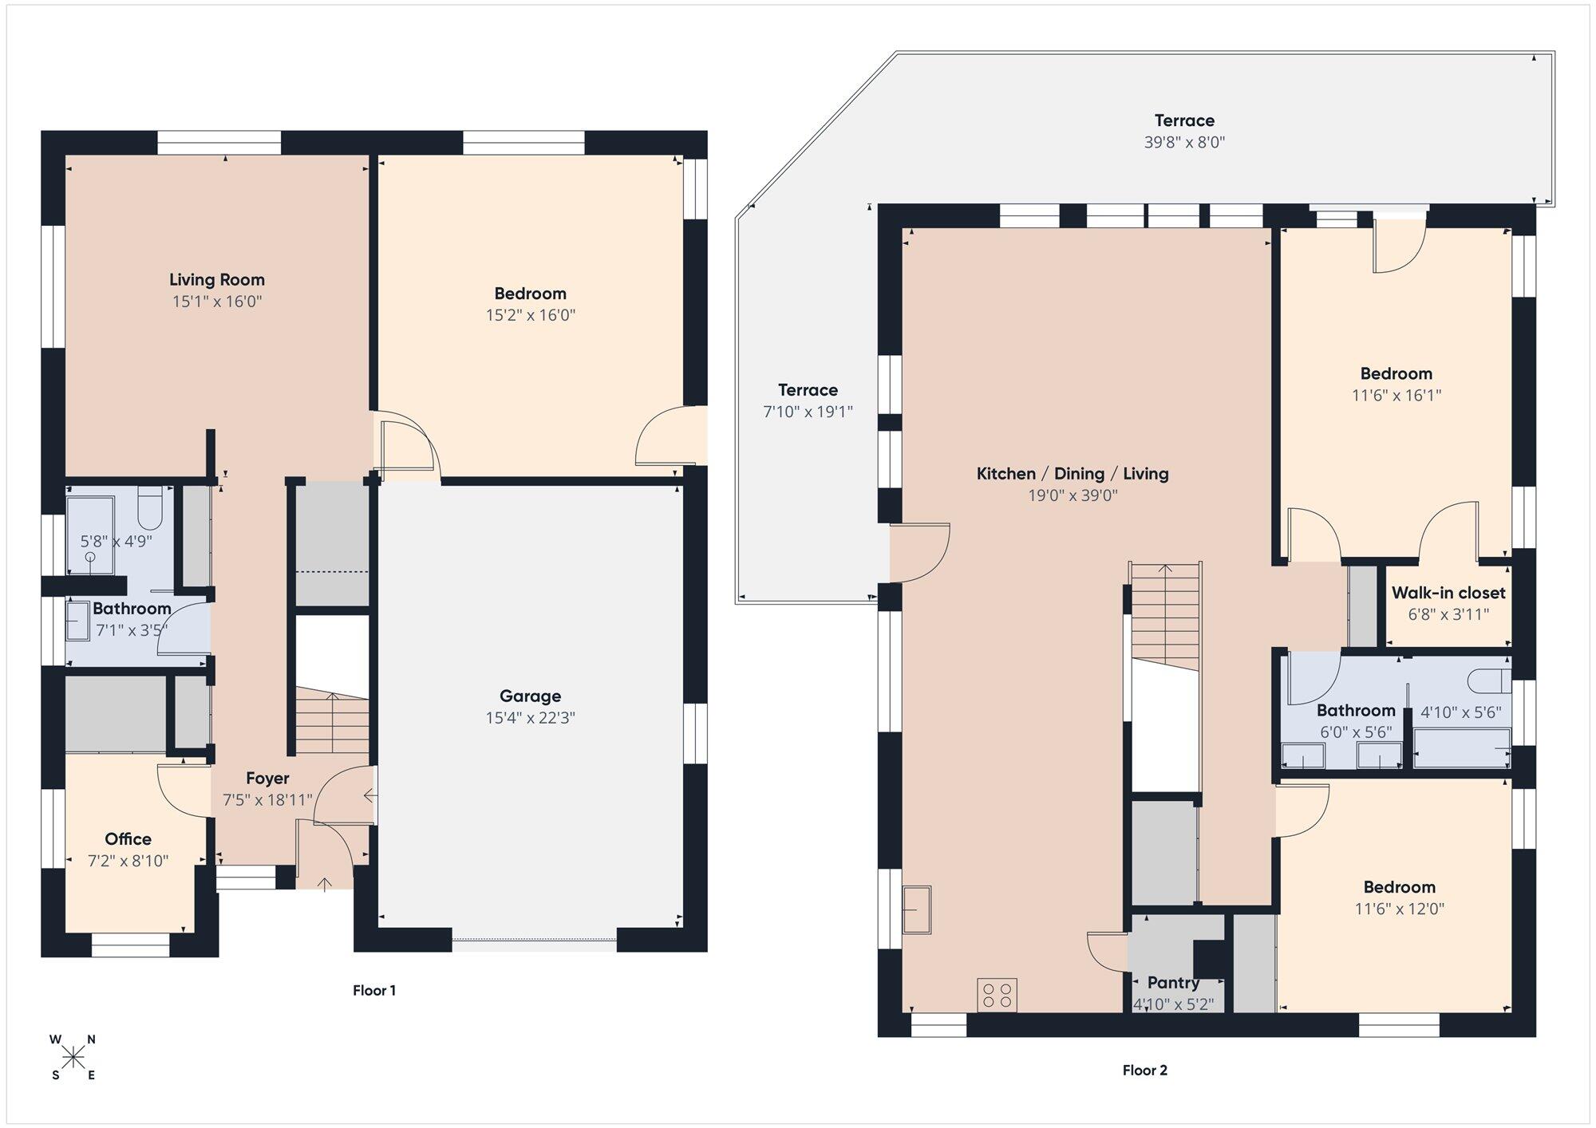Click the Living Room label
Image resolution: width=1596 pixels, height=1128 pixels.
coord(216,279)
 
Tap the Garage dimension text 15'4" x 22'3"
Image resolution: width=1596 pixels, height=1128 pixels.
coord(530,718)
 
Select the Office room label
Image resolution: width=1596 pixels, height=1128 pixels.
coord(128,838)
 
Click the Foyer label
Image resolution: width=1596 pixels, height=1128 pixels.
coord(267,778)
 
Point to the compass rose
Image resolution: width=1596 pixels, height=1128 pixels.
coord(73,1058)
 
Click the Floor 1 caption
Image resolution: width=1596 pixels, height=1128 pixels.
coord(374,990)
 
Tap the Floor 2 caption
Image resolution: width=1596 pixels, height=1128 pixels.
coord(1144,1070)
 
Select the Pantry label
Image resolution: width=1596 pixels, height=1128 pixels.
coord(1173,982)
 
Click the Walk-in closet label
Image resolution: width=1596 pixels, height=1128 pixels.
coord(1448,593)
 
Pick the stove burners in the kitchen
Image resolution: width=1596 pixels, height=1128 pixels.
coord(997,994)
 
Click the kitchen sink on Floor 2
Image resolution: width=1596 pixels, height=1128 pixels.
coord(917,909)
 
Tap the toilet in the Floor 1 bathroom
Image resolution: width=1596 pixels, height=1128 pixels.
coord(150,508)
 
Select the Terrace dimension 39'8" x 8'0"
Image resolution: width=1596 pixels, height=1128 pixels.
coord(1184,142)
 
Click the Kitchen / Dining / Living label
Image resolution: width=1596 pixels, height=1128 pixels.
coord(1073,473)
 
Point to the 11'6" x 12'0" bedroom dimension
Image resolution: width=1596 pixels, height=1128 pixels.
coord(1400,909)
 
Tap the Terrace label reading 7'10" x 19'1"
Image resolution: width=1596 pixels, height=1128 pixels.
coord(808,412)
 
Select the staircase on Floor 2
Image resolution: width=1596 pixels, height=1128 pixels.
coord(1165,616)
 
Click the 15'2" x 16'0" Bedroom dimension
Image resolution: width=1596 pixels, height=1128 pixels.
coord(531,314)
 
